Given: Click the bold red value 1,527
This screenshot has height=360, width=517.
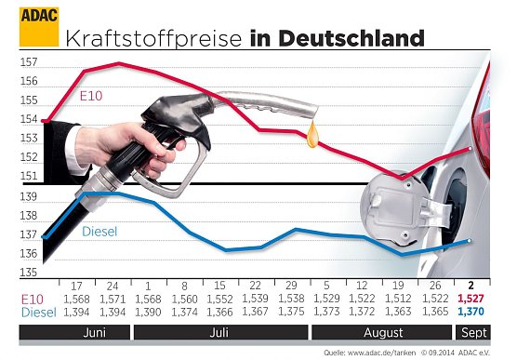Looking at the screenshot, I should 471,300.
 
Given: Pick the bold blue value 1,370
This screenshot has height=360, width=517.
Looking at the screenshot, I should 471,313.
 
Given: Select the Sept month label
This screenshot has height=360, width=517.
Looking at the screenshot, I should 471,330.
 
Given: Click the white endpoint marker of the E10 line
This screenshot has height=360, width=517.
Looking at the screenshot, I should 472,149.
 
